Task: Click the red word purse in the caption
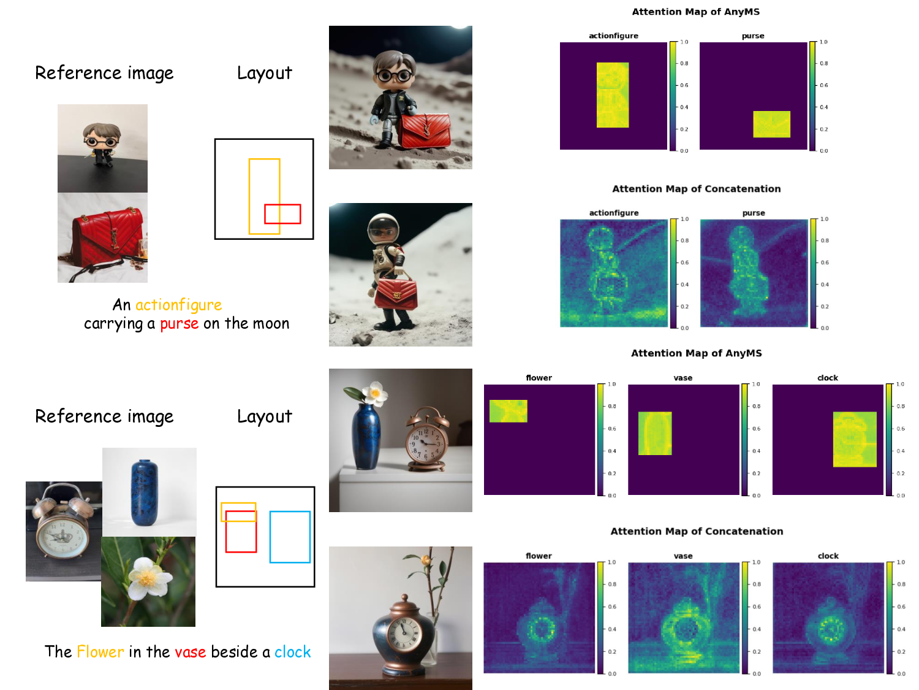179,324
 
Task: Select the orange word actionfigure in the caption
179,305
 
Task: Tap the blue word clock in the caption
293,652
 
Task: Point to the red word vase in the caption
190,653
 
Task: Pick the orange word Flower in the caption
100,652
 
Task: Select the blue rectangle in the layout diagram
290,537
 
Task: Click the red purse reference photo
102,237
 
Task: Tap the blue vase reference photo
149,493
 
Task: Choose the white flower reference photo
148,582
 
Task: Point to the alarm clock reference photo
64,531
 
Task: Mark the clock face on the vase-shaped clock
404,634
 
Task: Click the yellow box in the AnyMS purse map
771,124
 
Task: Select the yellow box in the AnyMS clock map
855,439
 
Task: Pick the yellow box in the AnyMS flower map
509,411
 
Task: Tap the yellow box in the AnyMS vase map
655,433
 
